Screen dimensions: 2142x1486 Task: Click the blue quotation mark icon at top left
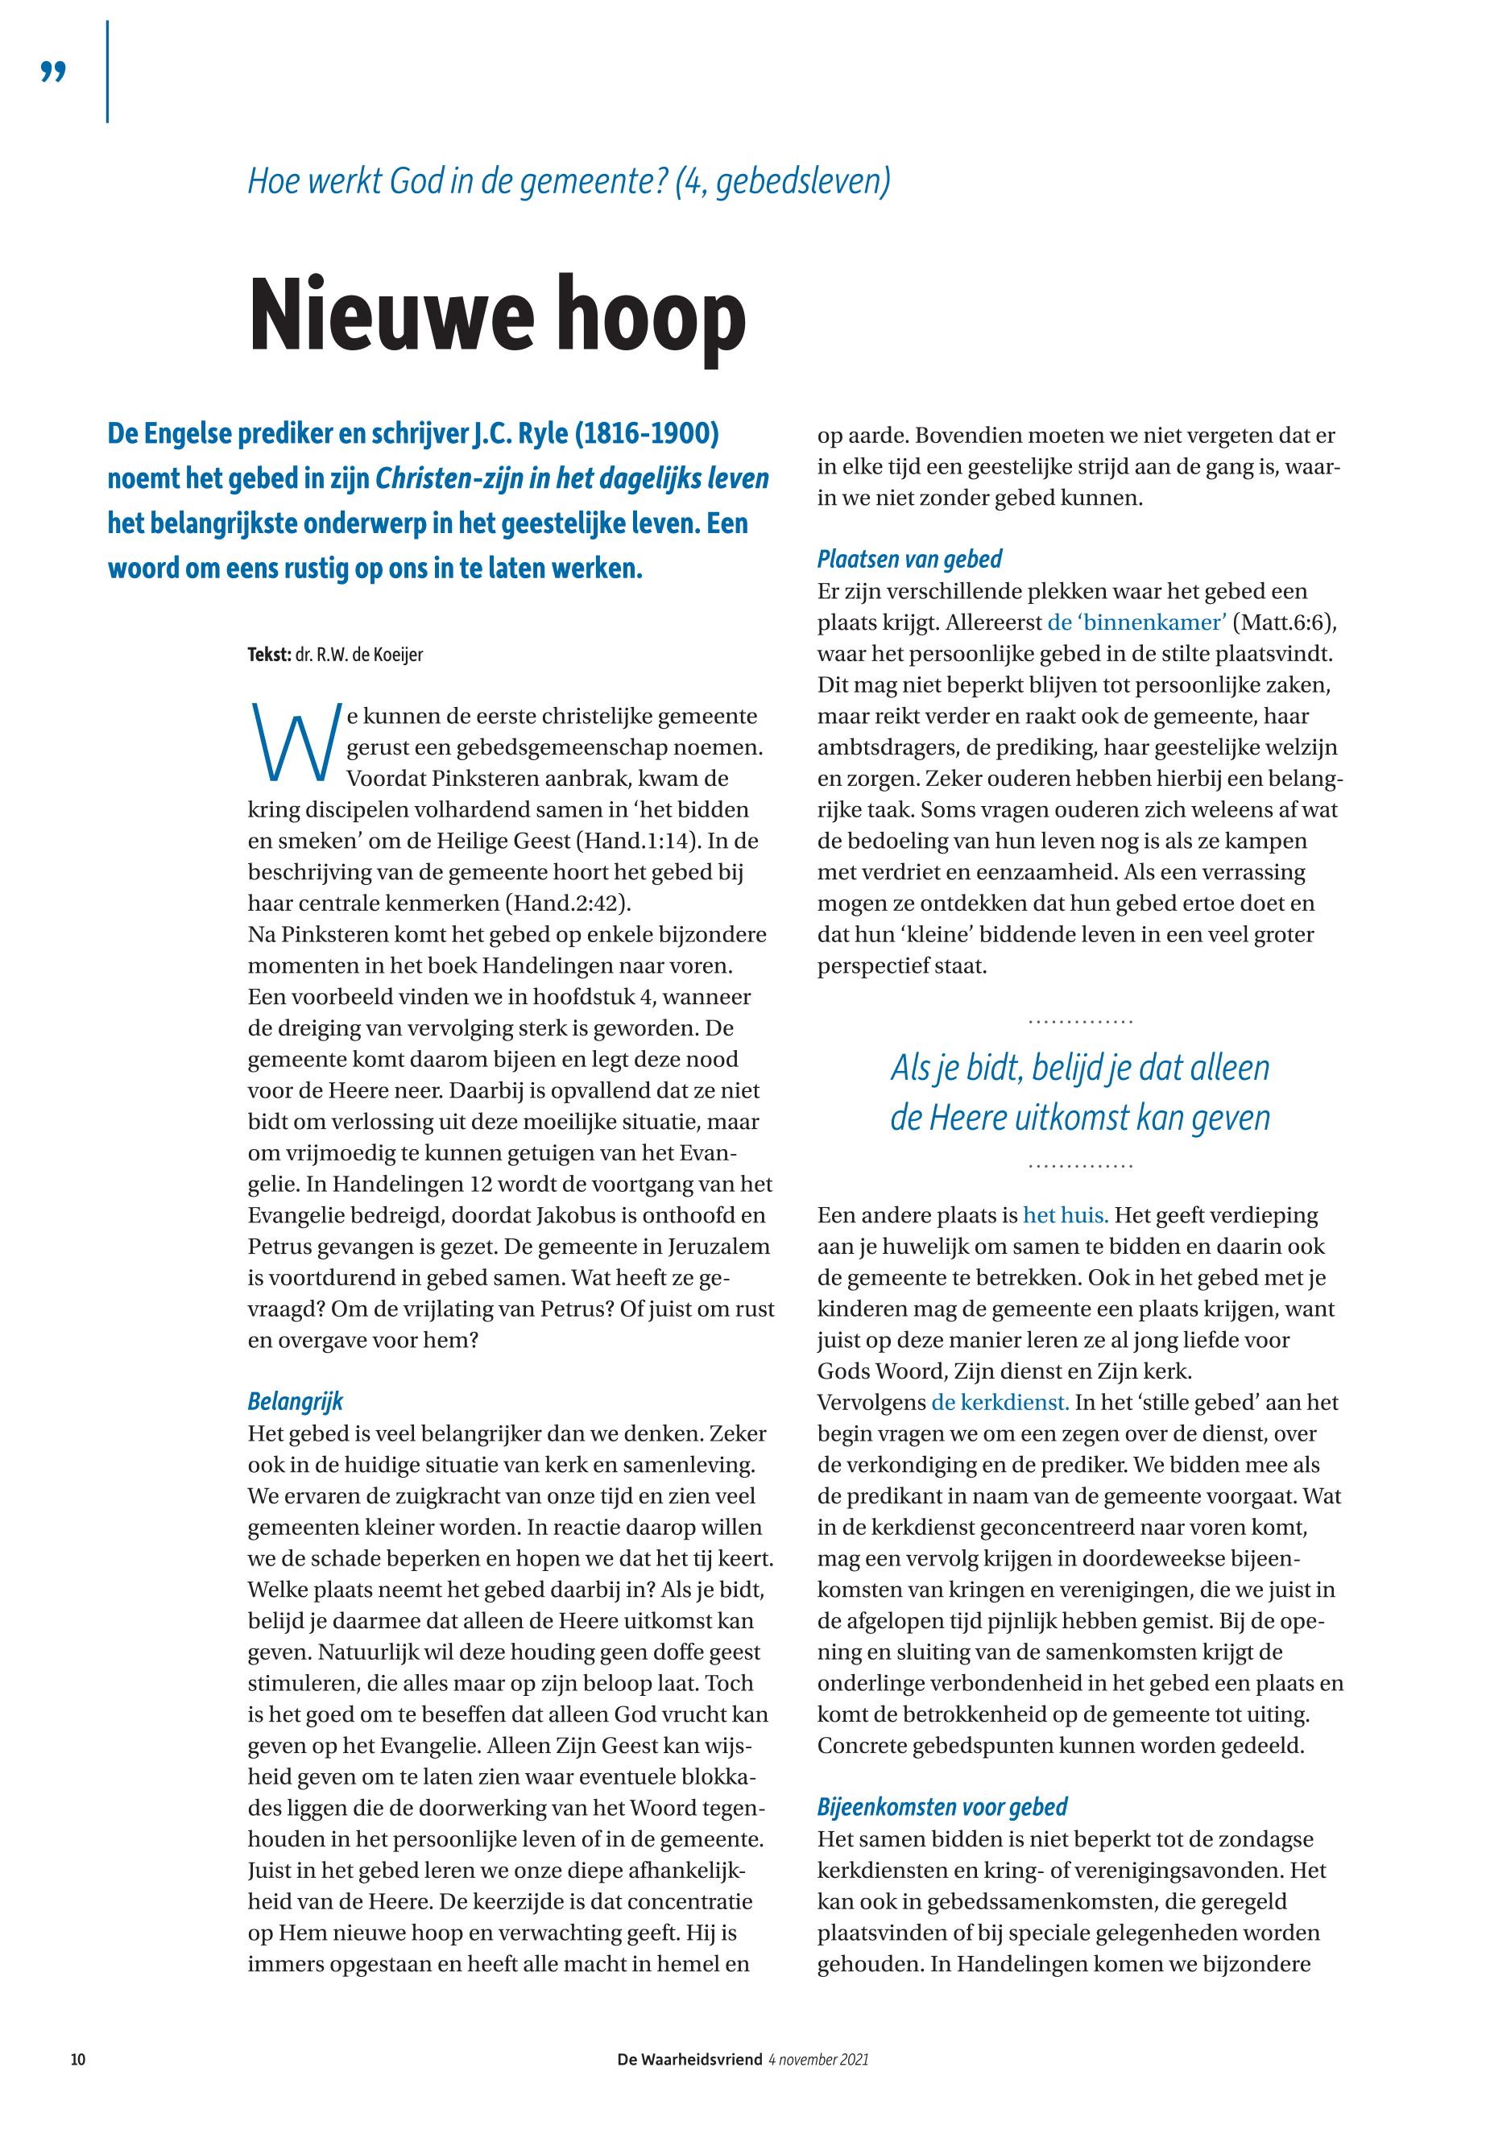pos(54,72)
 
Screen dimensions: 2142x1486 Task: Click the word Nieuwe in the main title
pos(383,316)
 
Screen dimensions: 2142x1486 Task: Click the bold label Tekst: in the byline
pos(269,655)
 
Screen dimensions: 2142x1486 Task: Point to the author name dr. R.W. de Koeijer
pos(359,655)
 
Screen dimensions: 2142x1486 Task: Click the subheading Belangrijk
pos(295,1401)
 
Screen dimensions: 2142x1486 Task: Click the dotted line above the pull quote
pos(1080,1022)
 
